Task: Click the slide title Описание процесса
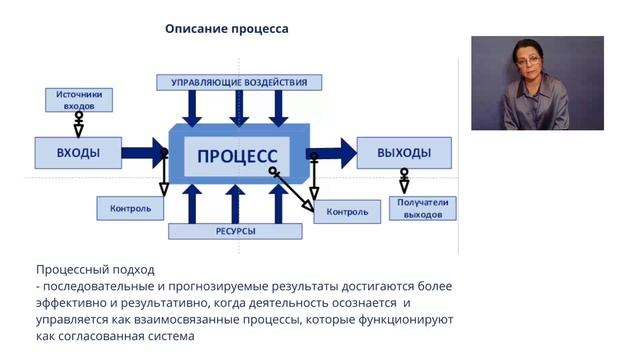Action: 226,29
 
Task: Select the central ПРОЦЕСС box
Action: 237,155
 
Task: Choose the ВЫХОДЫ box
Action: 404,153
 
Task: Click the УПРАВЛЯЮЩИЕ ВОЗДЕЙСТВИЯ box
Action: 239,82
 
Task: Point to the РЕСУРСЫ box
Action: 234,231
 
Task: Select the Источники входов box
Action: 79,99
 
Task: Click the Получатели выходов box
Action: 423,208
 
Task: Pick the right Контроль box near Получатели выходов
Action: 347,211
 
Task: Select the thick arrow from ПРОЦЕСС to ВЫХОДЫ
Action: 333,154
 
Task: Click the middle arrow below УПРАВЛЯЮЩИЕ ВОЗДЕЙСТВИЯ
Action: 239,106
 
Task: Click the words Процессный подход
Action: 95,269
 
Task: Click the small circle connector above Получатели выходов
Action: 404,174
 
